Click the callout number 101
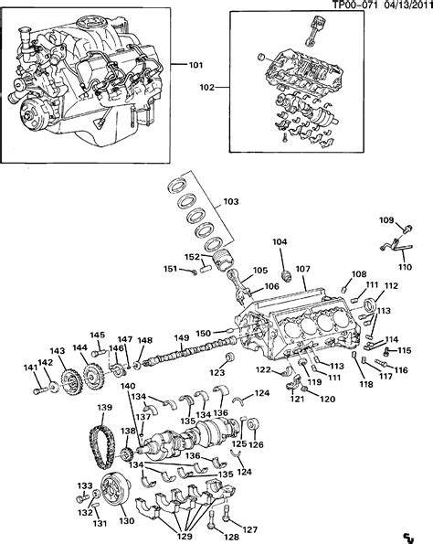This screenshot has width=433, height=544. coord(195,65)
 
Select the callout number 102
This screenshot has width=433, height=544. coord(207,88)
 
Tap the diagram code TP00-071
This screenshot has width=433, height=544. coord(354,5)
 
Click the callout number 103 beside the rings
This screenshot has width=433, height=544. coord(231,201)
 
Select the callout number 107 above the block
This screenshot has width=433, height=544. coord(302,269)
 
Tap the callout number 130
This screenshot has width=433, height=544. coord(126,521)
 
